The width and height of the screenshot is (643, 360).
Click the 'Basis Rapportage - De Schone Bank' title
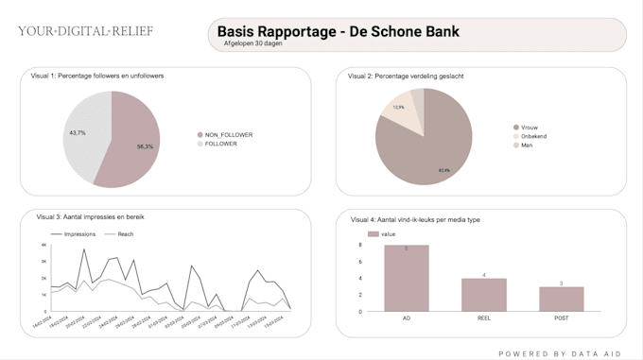338,31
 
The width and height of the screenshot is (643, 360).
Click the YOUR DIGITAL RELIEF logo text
85,31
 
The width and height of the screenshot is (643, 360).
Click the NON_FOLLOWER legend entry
228,135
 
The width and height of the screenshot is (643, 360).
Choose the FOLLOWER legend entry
220,144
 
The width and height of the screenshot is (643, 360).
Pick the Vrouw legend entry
530,127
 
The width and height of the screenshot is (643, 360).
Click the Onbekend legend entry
533,136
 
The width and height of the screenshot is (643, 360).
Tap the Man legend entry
527,146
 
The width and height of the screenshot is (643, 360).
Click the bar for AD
407,278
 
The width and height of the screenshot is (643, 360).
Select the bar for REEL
484,295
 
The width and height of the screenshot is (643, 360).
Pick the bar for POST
562,299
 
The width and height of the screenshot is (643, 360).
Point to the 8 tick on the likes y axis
360,245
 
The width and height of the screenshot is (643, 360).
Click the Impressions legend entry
78,233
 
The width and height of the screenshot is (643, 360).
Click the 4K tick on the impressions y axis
43,245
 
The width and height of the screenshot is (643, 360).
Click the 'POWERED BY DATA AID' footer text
562,353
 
